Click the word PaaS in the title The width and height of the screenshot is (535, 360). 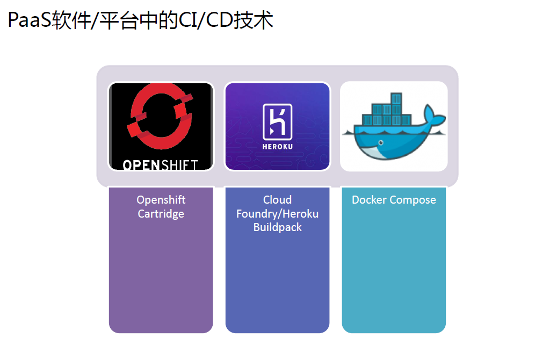click(x=30, y=20)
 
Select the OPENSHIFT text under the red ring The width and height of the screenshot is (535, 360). click(x=160, y=165)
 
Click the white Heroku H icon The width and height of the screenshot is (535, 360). click(x=277, y=122)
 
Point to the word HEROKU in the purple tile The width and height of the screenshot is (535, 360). click(x=277, y=147)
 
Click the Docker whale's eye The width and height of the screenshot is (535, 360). click(x=381, y=142)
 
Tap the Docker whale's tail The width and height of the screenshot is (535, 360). click(x=433, y=116)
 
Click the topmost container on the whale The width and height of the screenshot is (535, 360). click(x=396, y=98)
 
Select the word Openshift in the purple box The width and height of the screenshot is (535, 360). click(x=161, y=200)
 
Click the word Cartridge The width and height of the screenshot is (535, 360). click(x=161, y=214)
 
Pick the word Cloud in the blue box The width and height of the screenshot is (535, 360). click(x=277, y=200)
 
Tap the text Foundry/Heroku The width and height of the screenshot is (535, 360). click(x=277, y=214)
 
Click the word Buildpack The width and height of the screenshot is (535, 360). click(x=277, y=228)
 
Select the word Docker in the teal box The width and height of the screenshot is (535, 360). click(x=369, y=200)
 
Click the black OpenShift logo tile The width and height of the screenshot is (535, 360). click(x=161, y=126)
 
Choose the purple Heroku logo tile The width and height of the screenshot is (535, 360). click(x=277, y=126)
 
